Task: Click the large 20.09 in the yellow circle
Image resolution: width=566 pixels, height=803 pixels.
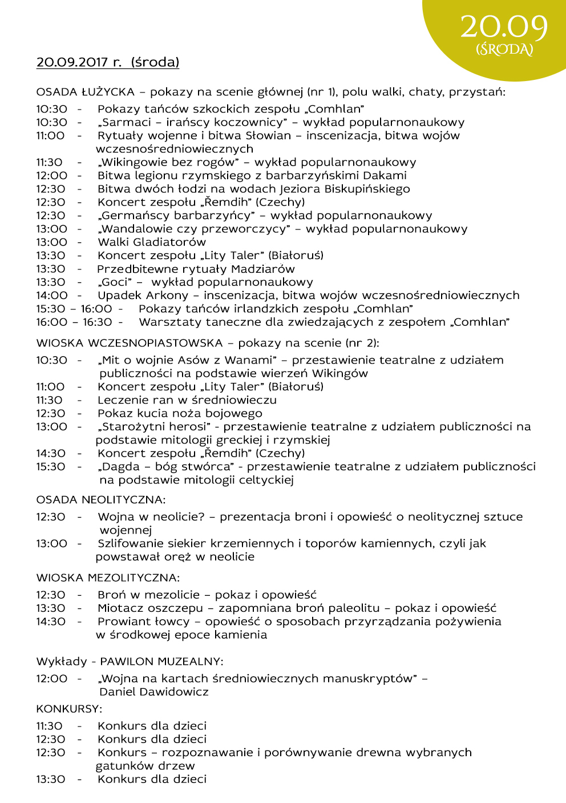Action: (504, 27)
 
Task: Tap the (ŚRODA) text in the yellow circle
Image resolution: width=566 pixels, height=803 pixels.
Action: (504, 50)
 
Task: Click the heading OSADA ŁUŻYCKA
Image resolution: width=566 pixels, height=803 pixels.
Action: (85, 92)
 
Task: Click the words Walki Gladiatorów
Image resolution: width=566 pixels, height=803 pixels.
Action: (152, 243)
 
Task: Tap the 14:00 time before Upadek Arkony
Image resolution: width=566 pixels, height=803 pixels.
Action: (52, 296)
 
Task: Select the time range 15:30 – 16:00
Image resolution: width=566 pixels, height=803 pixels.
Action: (74, 309)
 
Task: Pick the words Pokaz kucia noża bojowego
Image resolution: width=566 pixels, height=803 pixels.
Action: (180, 414)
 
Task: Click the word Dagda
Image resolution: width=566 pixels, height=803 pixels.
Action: (120, 467)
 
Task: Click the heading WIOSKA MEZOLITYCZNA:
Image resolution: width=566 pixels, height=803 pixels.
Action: (108, 578)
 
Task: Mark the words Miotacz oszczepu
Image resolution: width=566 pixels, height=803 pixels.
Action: (150, 608)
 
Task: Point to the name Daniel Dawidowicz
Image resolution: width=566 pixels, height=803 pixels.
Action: (154, 692)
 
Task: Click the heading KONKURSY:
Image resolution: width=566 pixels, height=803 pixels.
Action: (69, 709)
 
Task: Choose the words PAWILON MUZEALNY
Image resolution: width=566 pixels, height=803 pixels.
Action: (160, 662)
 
